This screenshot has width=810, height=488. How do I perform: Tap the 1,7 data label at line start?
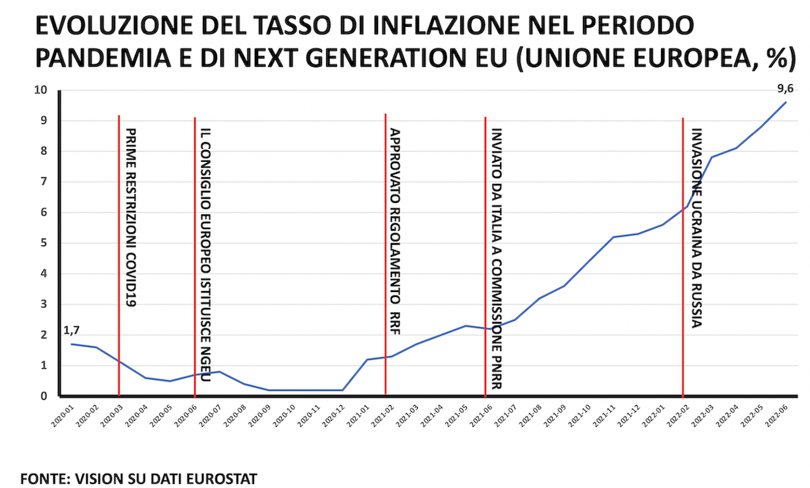click(x=72, y=330)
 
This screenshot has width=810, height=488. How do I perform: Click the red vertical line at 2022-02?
click(x=683, y=270)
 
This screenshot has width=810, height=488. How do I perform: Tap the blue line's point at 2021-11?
click(x=613, y=237)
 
